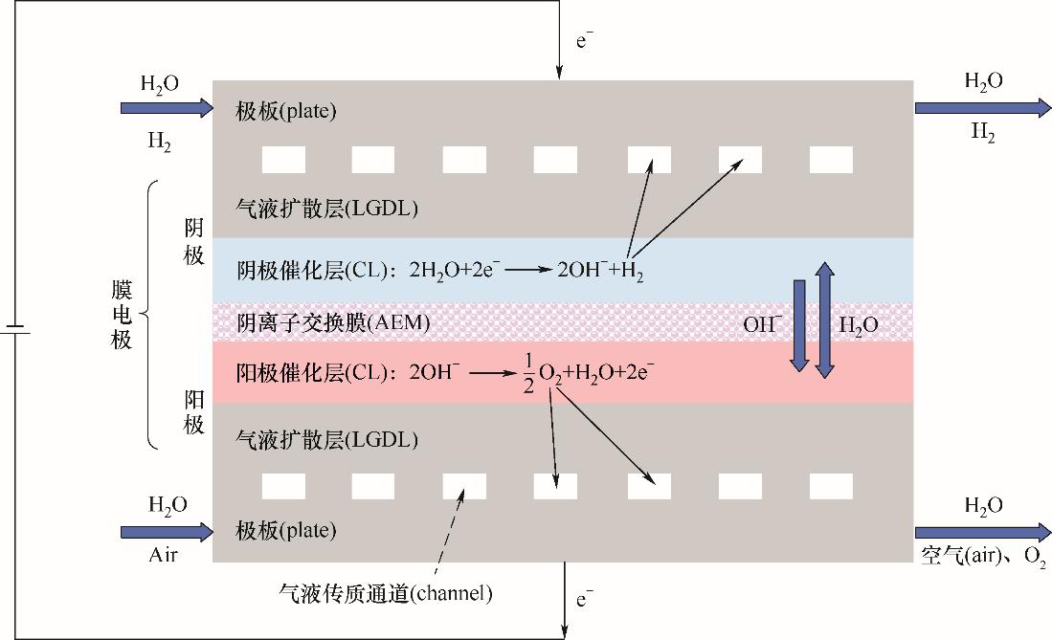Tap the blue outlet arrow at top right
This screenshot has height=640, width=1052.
[x=983, y=108]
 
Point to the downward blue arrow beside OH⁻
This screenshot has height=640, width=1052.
[x=799, y=325]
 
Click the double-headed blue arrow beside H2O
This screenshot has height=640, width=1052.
[x=824, y=320]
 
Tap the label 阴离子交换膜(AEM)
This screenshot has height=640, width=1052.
[x=333, y=322]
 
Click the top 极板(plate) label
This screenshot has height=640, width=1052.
[x=286, y=111]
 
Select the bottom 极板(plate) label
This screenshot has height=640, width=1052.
[x=286, y=531]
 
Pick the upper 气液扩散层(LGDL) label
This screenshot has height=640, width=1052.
[x=326, y=208]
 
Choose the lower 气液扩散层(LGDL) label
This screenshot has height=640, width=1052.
[x=326, y=439]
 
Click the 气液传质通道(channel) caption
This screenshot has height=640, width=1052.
[x=386, y=593]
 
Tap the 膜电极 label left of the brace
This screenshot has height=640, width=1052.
[x=122, y=315]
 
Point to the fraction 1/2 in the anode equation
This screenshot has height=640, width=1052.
[x=528, y=374]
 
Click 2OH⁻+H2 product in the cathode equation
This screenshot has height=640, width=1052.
[x=600, y=271]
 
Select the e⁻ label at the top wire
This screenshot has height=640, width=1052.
[x=584, y=40]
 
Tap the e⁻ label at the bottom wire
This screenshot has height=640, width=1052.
[x=584, y=599]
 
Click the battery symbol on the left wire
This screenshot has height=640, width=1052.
[x=14, y=330]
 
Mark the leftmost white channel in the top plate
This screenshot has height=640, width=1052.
[x=283, y=161]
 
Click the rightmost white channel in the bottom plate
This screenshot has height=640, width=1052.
[x=831, y=486]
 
